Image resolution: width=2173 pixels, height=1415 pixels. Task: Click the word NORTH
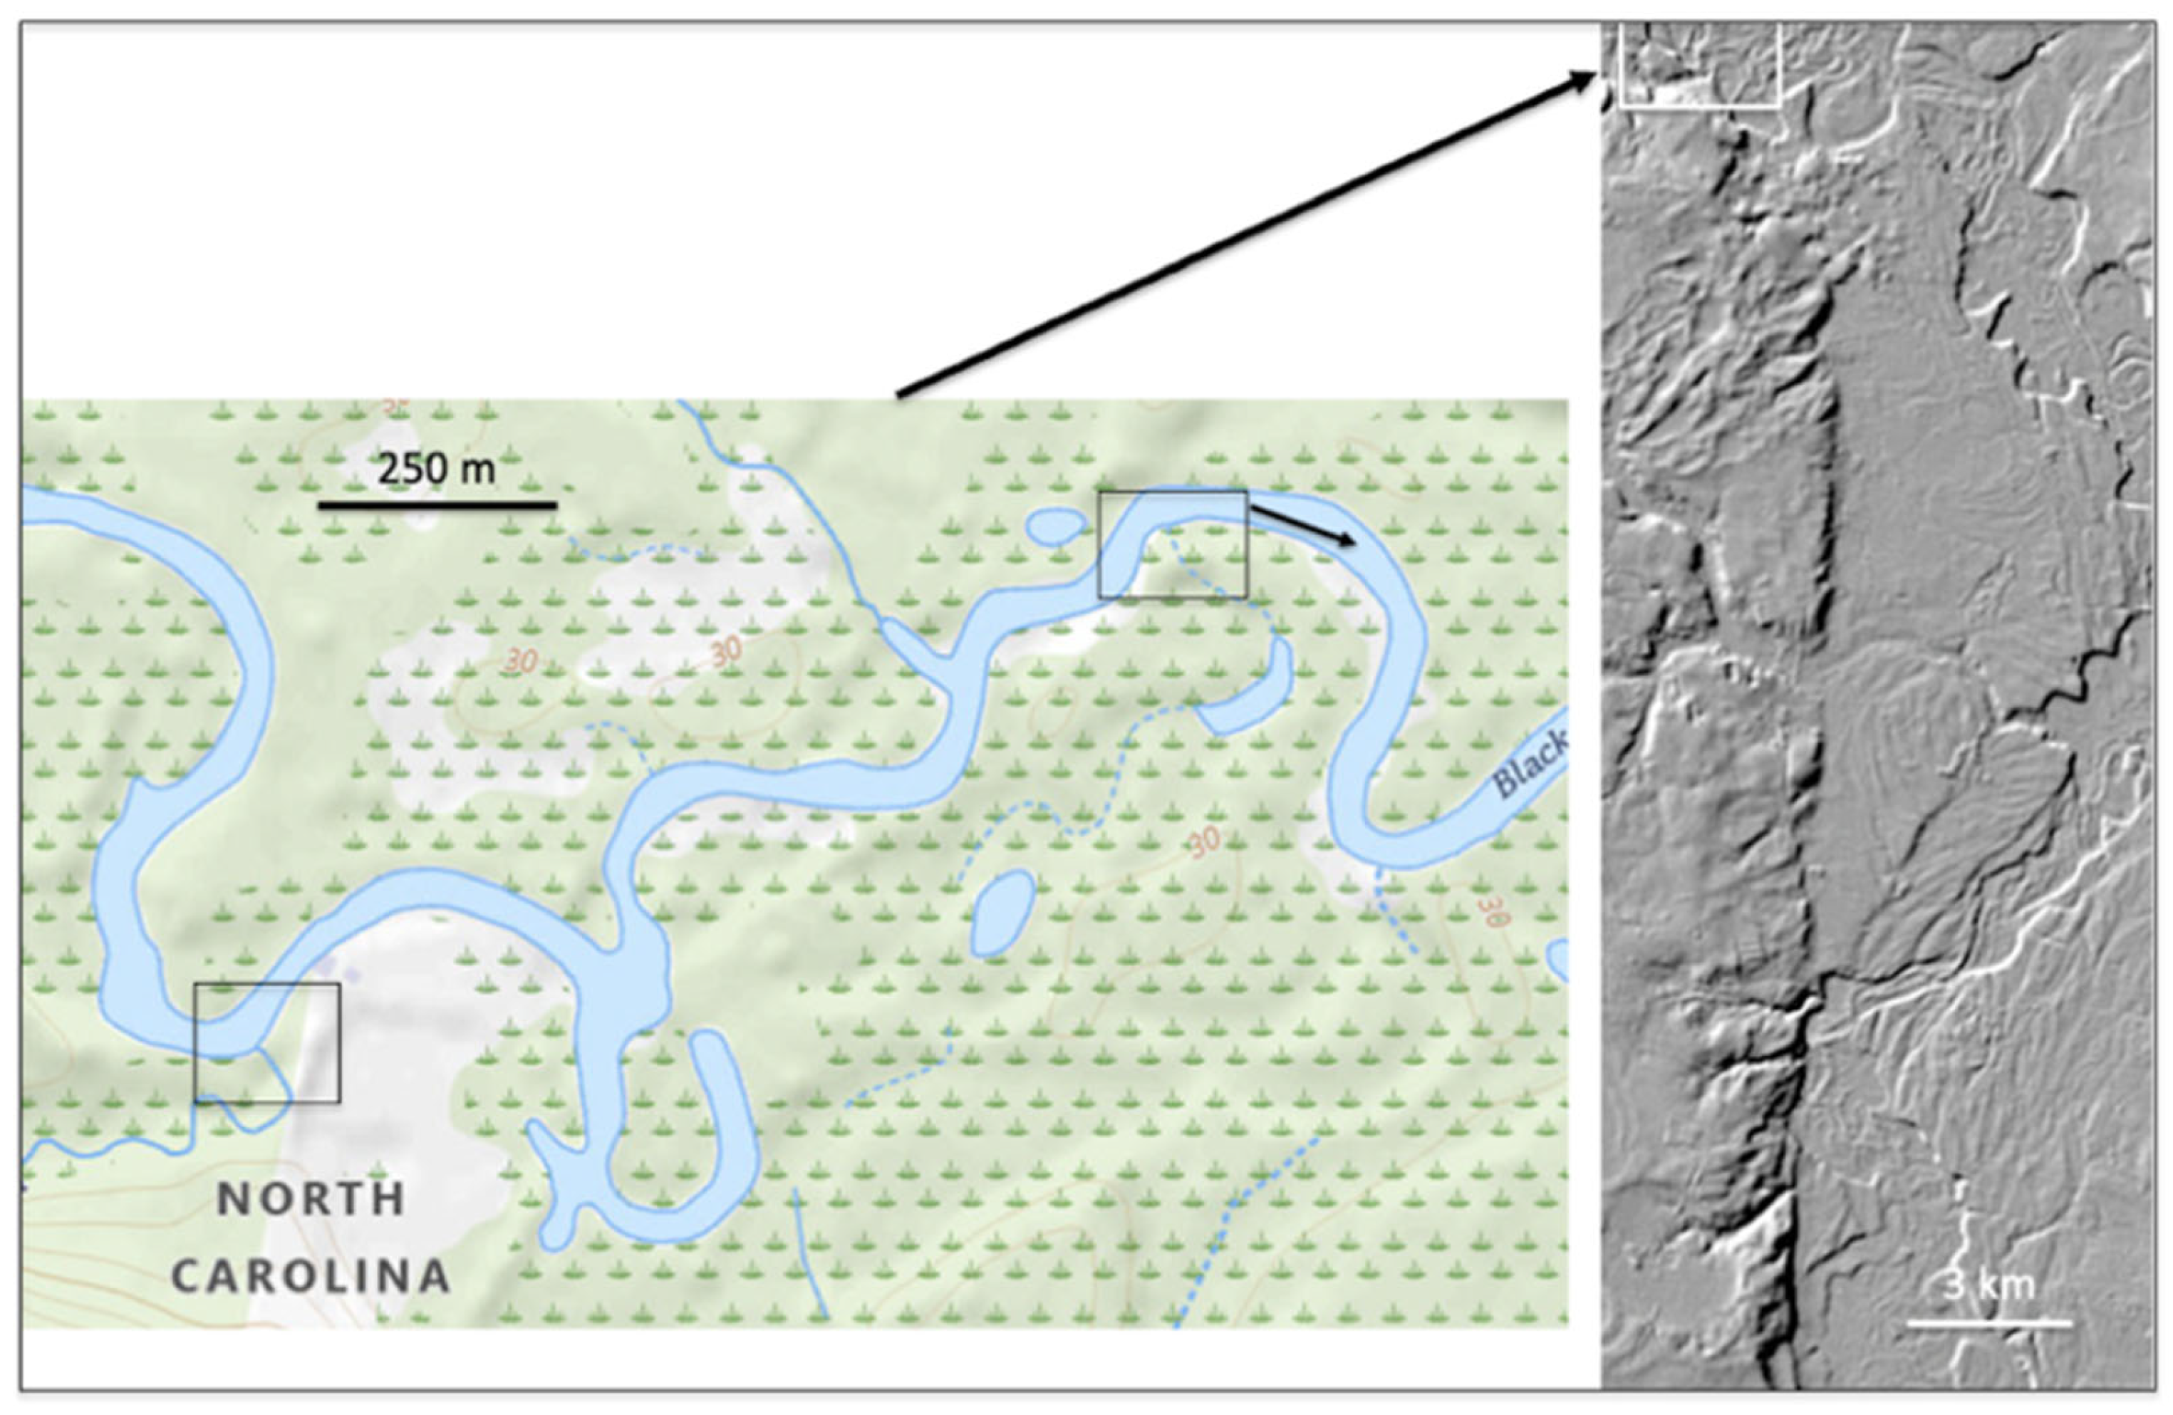(x=311, y=1198)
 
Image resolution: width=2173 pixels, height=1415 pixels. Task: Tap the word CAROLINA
(x=311, y=1276)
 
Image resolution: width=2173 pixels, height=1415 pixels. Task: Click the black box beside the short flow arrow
(x=1172, y=544)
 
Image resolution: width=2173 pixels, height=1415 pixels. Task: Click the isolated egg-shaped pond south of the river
(x=1002, y=913)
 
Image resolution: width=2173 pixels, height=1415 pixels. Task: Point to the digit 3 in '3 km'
(x=1953, y=1285)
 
